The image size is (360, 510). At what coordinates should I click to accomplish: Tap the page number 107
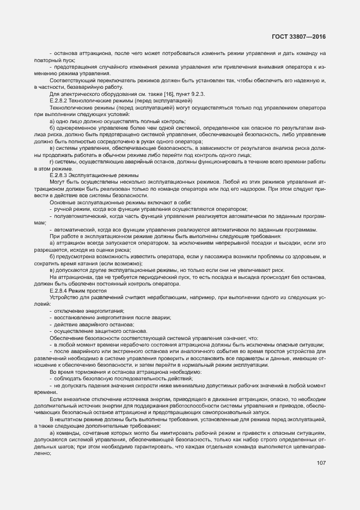coord(320,463)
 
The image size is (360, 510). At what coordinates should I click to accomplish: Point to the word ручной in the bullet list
coord(64,209)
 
